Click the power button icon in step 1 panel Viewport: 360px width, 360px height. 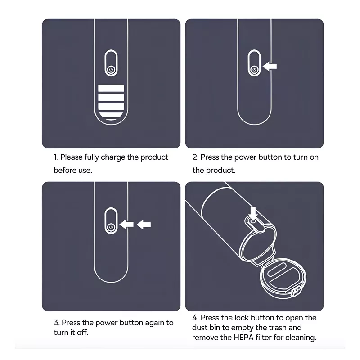coord(111,69)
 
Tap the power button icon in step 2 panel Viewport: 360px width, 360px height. coord(254,69)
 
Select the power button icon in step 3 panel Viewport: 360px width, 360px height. coord(111,227)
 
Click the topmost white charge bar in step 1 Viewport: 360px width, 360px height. coord(111,88)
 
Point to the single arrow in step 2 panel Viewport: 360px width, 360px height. coord(270,66)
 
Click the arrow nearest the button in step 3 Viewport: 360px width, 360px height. coord(126,224)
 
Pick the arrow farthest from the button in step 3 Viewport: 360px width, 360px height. coord(144,224)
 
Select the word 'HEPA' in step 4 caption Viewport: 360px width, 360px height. coord(243,337)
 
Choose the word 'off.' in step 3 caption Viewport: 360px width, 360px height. coord(82,332)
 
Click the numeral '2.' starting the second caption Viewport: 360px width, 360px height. coord(195,157)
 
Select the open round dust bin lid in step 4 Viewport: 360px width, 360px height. coord(283,278)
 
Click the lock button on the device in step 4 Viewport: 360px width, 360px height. coord(253,221)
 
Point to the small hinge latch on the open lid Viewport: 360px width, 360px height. coord(295,292)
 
